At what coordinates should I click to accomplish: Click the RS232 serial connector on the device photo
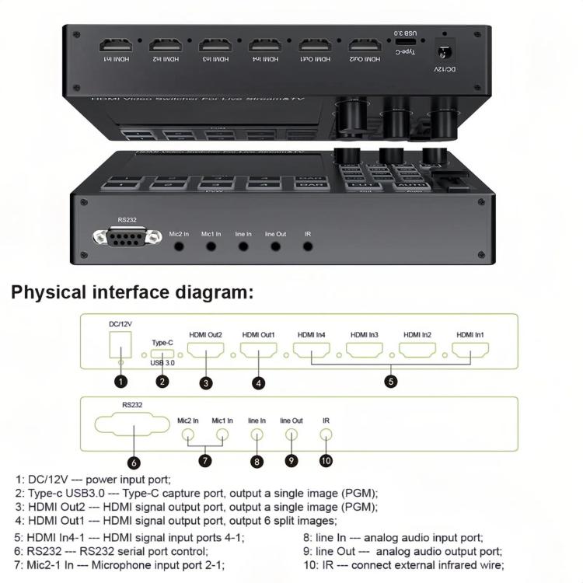coord(120,239)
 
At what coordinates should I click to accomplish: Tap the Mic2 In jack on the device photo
coord(180,246)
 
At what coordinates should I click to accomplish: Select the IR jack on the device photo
coord(309,246)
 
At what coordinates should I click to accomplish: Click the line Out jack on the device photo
coord(276,246)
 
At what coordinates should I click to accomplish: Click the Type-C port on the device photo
coord(410,44)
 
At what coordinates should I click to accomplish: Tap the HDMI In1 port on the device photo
coord(111,46)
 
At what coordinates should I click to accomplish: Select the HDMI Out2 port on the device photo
coord(365,46)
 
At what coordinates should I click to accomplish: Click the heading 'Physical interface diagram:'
coord(132,293)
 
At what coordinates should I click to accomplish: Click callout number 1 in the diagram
coord(120,381)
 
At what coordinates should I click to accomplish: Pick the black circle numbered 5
coord(391,381)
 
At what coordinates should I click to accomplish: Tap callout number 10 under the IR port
coord(326,460)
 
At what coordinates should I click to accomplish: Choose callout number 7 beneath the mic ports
coord(205,460)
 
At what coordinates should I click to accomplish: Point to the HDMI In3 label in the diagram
coord(364,334)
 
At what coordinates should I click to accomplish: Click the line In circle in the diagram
coord(257,436)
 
